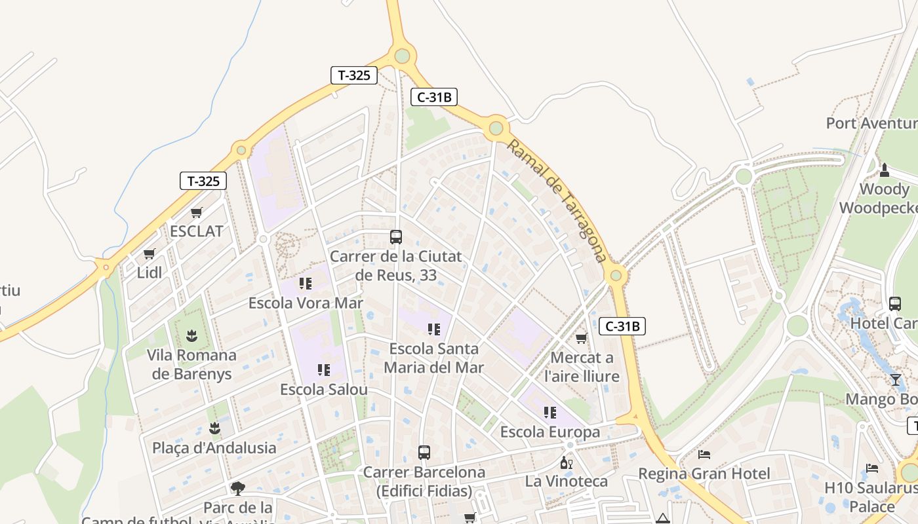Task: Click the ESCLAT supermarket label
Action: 196,231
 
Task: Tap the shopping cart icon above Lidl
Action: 150,254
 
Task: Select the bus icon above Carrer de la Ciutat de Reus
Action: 395,237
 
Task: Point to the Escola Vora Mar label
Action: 306,303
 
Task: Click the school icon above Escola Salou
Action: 323,371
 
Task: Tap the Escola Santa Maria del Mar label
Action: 434,358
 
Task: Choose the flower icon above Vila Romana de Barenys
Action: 191,336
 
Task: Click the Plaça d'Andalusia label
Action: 214,448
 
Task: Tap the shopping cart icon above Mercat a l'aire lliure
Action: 581,339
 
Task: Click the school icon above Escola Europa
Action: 549,413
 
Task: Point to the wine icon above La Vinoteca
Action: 566,462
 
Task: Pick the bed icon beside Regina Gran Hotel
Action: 704,454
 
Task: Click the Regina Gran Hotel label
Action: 704,473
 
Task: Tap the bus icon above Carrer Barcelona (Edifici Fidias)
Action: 424,453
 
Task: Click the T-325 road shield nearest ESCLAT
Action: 203,181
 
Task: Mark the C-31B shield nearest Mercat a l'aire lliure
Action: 622,326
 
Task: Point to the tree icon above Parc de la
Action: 238,488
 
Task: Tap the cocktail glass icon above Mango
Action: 896,380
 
